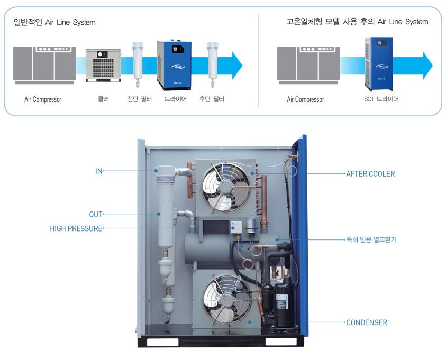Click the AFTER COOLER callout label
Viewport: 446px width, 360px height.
[x=370, y=173]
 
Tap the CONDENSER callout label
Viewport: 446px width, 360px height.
[x=366, y=322]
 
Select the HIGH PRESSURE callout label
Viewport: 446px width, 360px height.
[x=76, y=229]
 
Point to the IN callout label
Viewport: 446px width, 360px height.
[x=98, y=171]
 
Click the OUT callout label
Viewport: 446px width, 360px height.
[x=95, y=214]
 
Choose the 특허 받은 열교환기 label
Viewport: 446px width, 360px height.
[x=371, y=239]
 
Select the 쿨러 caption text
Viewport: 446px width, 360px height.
[x=103, y=99]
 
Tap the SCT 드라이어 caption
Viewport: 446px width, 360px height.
[x=381, y=99]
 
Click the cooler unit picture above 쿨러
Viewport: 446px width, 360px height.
[x=103, y=65]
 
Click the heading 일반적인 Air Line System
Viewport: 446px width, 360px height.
[x=54, y=22]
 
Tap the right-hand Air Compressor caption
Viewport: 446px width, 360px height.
[x=305, y=99]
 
